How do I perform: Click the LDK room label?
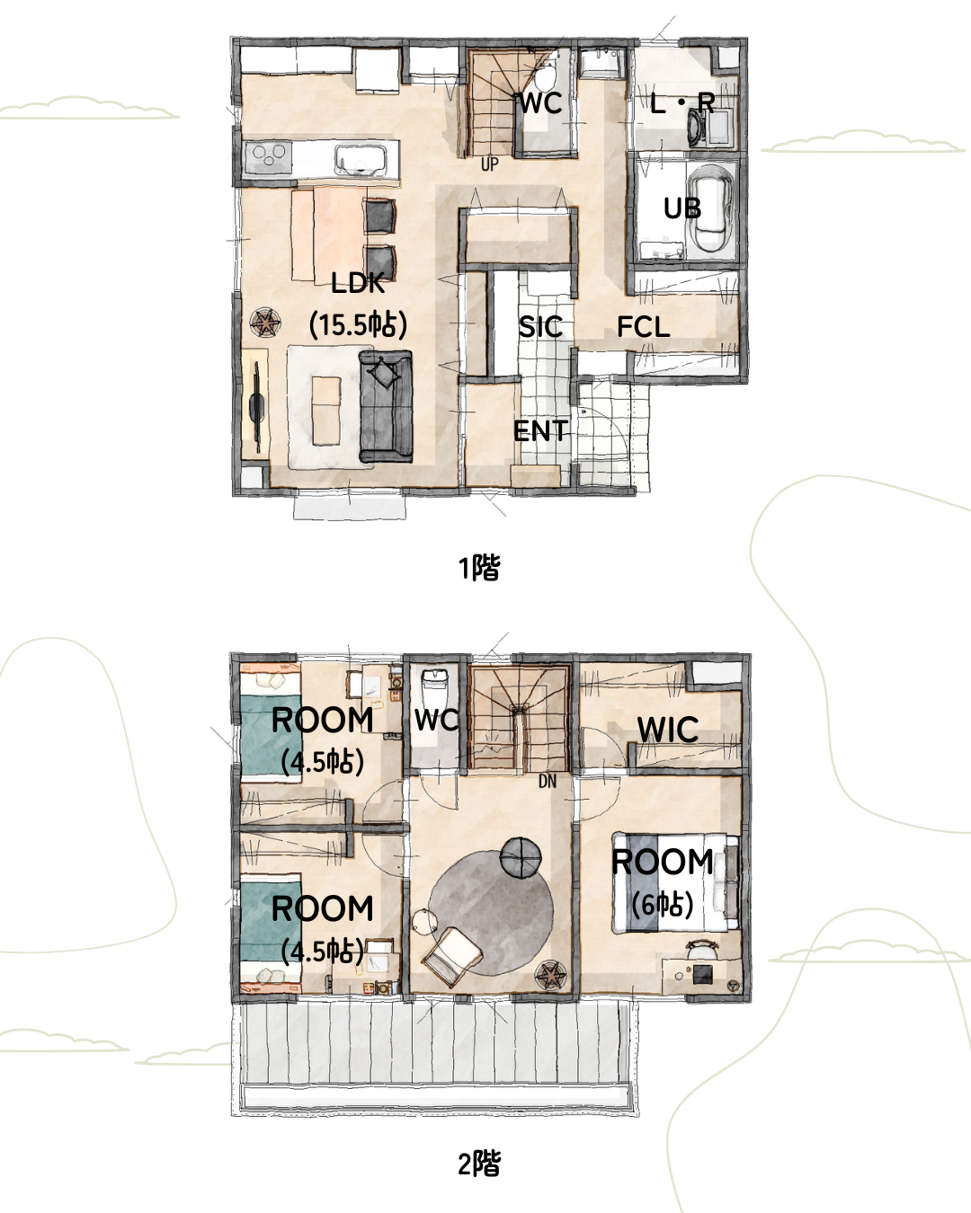pos(358,283)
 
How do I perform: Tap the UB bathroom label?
pos(682,208)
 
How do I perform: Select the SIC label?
pos(540,327)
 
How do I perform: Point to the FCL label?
pos(643,327)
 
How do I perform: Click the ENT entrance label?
pos(540,432)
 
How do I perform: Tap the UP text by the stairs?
pos(490,164)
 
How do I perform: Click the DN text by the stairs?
pos(548,781)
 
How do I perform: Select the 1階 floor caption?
pos(479,568)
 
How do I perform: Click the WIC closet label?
pos(668,730)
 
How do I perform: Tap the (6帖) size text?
pos(663,905)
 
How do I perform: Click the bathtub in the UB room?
pos(711,209)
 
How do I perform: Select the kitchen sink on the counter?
pos(361,160)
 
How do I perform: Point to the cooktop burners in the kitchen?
pos(268,157)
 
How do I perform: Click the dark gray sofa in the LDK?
pos(387,407)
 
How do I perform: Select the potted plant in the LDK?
pos(265,323)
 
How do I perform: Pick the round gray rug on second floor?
pos(491,913)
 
